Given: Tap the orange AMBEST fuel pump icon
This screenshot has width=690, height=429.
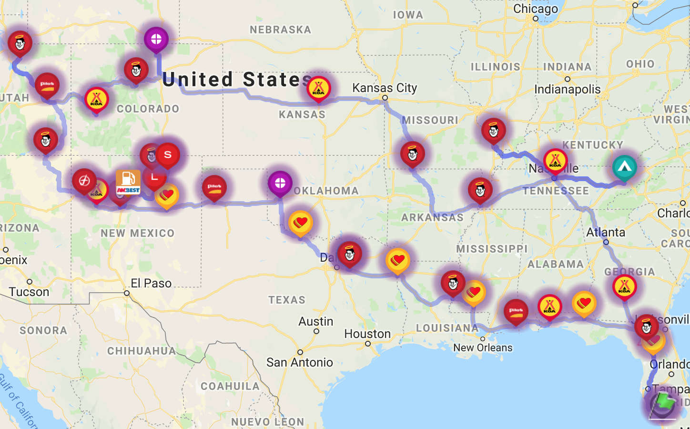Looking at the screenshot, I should click(128, 182).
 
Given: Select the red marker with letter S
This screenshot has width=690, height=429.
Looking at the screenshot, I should click(168, 155).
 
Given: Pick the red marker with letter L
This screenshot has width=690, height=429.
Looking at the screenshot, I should click(154, 178).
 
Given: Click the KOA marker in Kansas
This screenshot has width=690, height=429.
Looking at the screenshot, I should click(319, 89).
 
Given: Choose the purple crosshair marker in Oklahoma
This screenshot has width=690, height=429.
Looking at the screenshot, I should click(280, 183).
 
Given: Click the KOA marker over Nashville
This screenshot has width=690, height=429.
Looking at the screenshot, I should click(555, 161).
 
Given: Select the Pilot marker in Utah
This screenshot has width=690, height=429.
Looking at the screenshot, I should click(47, 85).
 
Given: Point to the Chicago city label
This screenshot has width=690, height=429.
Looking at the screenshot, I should click(536, 9).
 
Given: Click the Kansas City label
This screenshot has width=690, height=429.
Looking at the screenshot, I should click(385, 88).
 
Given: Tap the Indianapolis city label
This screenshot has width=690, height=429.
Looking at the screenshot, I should click(567, 89).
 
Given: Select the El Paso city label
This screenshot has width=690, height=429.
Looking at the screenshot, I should click(151, 283).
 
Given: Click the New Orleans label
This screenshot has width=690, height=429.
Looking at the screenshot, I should click(483, 347).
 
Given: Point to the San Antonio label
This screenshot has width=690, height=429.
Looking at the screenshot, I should click(300, 362).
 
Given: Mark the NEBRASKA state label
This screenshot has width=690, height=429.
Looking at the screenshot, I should click(280, 30).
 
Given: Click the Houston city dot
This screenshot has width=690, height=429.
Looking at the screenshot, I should click(368, 344).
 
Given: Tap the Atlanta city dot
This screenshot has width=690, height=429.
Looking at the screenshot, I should click(606, 242).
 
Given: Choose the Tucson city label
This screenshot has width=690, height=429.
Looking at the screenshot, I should click(29, 292).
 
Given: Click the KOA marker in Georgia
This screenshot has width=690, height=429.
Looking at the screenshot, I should click(624, 286).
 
